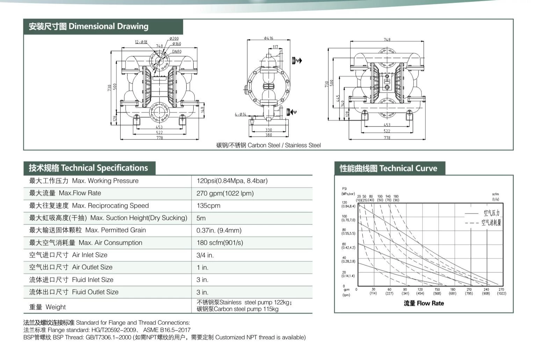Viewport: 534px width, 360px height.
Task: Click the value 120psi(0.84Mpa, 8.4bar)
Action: (x=232, y=181)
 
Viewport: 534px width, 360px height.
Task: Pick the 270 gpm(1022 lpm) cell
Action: (x=225, y=193)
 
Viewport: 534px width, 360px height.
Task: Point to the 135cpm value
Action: (x=208, y=206)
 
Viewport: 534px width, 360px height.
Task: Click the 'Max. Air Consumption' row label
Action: (x=86, y=243)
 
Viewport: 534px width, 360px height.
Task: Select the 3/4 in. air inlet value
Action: (x=205, y=255)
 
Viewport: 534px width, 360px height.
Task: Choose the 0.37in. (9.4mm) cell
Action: (x=219, y=231)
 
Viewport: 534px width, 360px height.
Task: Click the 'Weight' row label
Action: (x=48, y=307)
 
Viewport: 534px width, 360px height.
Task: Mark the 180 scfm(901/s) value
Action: (x=219, y=243)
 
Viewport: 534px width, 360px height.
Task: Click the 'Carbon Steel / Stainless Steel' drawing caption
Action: (x=268, y=145)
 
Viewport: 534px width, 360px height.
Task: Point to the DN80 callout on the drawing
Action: (x=177, y=52)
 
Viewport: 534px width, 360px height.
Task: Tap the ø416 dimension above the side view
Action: (x=268, y=38)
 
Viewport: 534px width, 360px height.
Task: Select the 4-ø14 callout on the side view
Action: (x=240, y=114)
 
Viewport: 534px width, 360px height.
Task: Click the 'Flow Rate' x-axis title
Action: (x=424, y=303)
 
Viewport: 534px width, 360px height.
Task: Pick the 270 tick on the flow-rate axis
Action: (x=501, y=290)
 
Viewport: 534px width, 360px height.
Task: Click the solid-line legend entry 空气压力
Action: (x=491, y=213)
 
